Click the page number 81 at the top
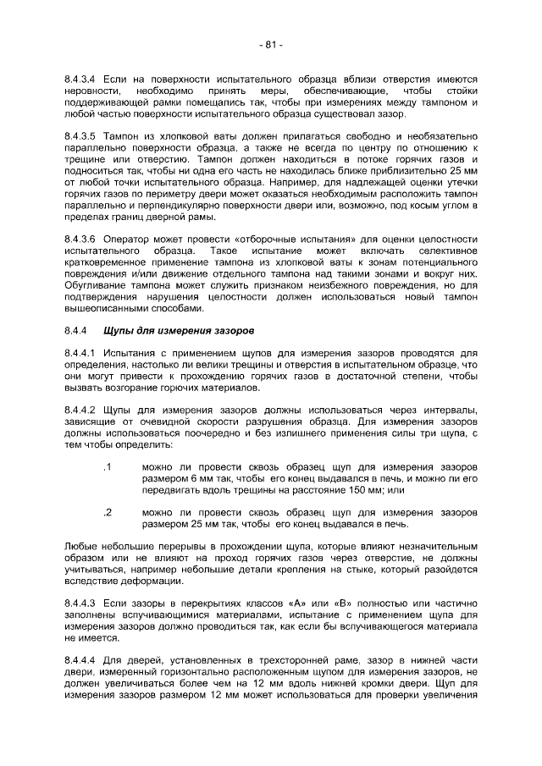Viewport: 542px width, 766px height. [x=271, y=44]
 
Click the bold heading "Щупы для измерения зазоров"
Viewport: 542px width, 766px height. [x=175, y=329]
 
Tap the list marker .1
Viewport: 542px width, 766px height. [x=108, y=467]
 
